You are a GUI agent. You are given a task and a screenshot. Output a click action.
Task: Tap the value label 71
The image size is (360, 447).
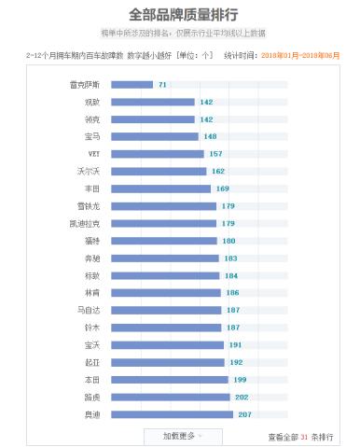click(162, 85)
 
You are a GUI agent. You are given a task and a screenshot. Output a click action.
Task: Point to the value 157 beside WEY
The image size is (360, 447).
click(215, 153)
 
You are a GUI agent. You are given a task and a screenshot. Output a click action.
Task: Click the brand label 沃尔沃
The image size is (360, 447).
click(89, 171)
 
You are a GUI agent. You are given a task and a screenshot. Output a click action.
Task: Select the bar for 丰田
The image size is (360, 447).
click(161, 189)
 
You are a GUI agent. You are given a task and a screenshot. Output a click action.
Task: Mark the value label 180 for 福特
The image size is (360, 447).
click(228, 241)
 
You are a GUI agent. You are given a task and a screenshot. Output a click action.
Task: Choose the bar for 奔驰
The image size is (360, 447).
click(165, 258)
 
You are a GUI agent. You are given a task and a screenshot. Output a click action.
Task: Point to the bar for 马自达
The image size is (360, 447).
click(166, 310)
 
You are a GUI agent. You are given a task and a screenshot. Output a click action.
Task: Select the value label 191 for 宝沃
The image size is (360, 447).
click(235, 344)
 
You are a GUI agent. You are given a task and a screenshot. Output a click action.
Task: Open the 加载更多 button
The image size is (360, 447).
click(180, 435)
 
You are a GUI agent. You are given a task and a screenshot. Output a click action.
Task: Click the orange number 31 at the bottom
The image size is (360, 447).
click(304, 436)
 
